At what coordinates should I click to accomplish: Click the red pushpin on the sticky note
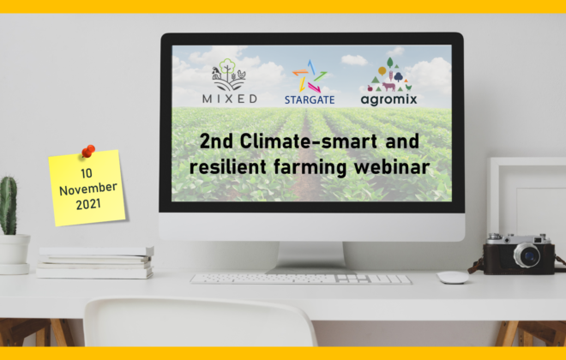(x=88, y=151)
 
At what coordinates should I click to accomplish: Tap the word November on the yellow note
(x=88, y=189)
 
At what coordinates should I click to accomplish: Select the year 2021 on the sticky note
(x=88, y=204)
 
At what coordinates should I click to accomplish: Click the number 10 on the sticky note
(x=87, y=173)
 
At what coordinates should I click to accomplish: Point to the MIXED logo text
(x=230, y=99)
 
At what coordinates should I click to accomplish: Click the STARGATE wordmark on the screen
(x=310, y=100)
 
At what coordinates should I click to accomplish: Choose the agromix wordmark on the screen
(x=388, y=99)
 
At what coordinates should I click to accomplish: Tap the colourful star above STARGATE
(x=310, y=76)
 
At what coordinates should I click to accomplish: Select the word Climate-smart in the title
(x=309, y=141)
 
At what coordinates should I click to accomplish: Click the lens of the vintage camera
(x=527, y=255)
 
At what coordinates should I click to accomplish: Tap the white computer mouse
(x=453, y=277)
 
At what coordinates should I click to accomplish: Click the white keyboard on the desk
(x=301, y=279)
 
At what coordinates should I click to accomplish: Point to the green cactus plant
(x=9, y=205)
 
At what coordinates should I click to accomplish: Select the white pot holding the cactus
(x=14, y=254)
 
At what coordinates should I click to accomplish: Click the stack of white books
(x=95, y=262)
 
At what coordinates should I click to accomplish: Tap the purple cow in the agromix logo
(x=388, y=87)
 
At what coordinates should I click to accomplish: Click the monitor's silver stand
(x=310, y=257)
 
